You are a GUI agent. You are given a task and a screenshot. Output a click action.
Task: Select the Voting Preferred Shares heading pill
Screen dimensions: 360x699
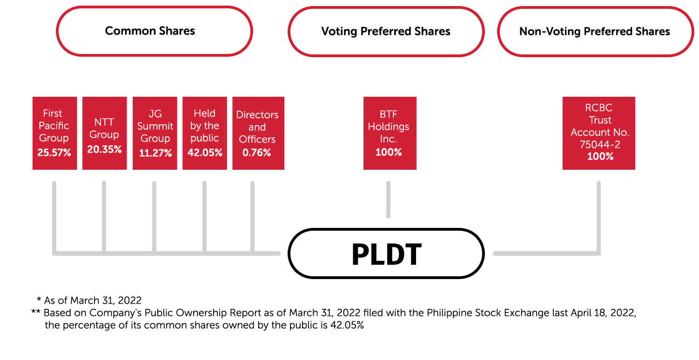[x=386, y=32]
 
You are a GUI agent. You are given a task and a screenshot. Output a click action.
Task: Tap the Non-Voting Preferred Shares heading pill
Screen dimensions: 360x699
[x=595, y=32]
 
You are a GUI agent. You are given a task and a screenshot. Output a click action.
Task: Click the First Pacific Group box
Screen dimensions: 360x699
[x=54, y=133]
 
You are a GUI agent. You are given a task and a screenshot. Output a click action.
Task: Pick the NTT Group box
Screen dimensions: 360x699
[x=104, y=133]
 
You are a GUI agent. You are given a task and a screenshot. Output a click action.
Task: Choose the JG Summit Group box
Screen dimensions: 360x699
[x=155, y=133]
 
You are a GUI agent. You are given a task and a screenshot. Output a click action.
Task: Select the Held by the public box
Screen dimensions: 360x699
[x=205, y=133]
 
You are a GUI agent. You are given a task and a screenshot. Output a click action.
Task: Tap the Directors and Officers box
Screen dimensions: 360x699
[x=257, y=133]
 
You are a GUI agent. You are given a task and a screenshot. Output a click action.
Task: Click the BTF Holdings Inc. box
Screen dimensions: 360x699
[x=390, y=133]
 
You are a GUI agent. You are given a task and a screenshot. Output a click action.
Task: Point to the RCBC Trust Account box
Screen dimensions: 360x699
[x=598, y=133]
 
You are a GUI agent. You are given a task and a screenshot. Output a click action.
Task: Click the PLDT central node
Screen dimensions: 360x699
[x=386, y=254]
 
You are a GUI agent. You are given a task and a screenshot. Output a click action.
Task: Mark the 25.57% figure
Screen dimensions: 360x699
[x=54, y=153]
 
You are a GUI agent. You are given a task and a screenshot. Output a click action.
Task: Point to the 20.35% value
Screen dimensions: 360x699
[x=104, y=149]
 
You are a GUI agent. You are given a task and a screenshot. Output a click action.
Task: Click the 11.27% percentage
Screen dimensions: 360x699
[x=155, y=153]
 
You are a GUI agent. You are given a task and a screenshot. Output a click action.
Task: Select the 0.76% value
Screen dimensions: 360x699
[x=257, y=153]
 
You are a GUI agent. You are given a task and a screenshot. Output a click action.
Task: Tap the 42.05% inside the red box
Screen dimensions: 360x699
[x=205, y=153]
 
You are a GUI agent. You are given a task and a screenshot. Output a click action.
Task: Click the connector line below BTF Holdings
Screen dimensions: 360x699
[x=388, y=200]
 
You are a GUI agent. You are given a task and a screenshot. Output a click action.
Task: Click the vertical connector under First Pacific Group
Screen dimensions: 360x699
[x=54, y=214]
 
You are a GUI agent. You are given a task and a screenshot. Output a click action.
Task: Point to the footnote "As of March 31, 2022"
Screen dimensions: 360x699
[x=93, y=300]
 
